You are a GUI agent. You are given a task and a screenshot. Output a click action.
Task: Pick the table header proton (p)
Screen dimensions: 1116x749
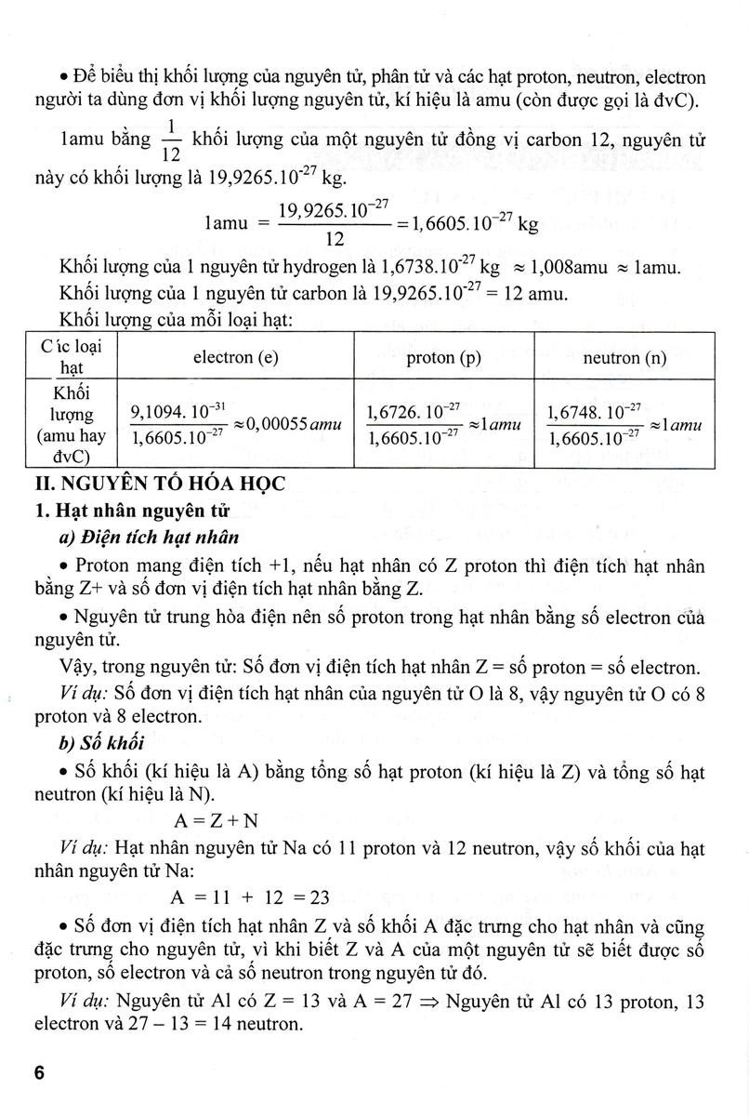[x=443, y=357]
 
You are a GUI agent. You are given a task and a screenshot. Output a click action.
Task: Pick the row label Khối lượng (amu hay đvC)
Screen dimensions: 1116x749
[x=66, y=424]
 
